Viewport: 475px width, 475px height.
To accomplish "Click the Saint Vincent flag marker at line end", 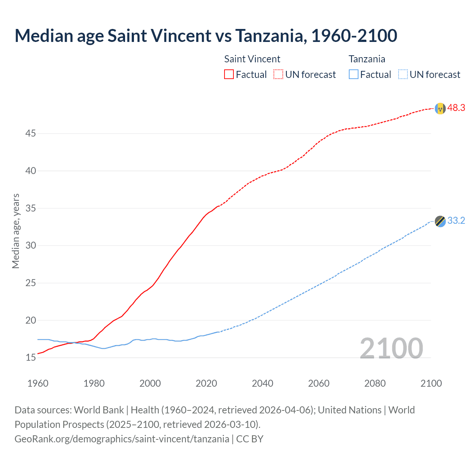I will (440, 108).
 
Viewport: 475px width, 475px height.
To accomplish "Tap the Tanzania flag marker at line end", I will (440, 221).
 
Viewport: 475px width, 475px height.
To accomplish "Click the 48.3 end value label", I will (456, 108).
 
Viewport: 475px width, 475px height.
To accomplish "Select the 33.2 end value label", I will (456, 221).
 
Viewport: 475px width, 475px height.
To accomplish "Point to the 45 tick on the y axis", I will (30, 133).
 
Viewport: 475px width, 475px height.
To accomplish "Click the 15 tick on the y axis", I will (30, 358).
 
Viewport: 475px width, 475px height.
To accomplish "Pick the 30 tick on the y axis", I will (30, 246).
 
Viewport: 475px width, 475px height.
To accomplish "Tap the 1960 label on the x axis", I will (38, 383).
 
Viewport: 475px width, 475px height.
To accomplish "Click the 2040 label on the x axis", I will (262, 383).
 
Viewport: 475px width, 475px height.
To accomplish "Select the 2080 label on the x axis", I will (375, 383).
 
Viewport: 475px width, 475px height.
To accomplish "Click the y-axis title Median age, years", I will (16, 231).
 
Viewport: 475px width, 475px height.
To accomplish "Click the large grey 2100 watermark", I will (391, 348).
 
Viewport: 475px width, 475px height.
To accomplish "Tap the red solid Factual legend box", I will (229, 74).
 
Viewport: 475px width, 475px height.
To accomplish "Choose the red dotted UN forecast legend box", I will (278, 74).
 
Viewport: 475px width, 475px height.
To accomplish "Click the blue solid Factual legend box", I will (353, 74).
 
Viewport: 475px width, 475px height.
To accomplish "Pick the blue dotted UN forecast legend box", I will (403, 74).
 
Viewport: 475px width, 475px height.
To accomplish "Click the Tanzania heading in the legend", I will (367, 59).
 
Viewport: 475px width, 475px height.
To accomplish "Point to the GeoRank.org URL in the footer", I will (122, 439).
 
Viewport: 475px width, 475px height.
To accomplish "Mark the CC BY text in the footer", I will (250, 439).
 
